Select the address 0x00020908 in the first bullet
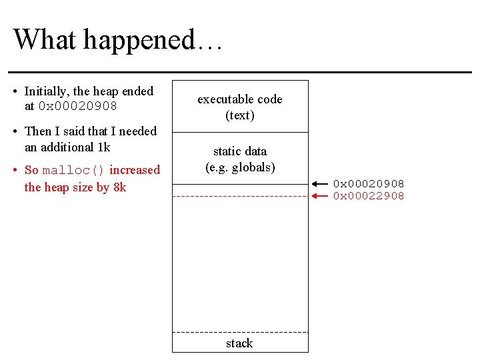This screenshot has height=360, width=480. click(x=78, y=107)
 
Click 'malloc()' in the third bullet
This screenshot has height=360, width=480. click(x=73, y=171)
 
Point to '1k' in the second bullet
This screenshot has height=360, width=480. click(x=103, y=147)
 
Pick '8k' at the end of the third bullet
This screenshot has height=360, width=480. click(x=119, y=187)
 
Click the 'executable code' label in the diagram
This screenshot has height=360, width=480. click(x=240, y=99)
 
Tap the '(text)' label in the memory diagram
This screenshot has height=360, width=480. click(x=240, y=115)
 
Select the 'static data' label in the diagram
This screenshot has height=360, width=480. click(x=240, y=151)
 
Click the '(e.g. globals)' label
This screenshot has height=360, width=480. click(x=240, y=167)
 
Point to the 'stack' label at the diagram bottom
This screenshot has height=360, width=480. click(x=239, y=343)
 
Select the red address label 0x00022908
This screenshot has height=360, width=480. click(x=369, y=196)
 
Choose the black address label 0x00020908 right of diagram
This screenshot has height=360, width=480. click(x=369, y=184)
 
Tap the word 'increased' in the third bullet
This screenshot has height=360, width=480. click(x=135, y=170)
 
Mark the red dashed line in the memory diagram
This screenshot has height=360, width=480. click(x=240, y=196)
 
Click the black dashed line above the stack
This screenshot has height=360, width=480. click(x=240, y=332)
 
